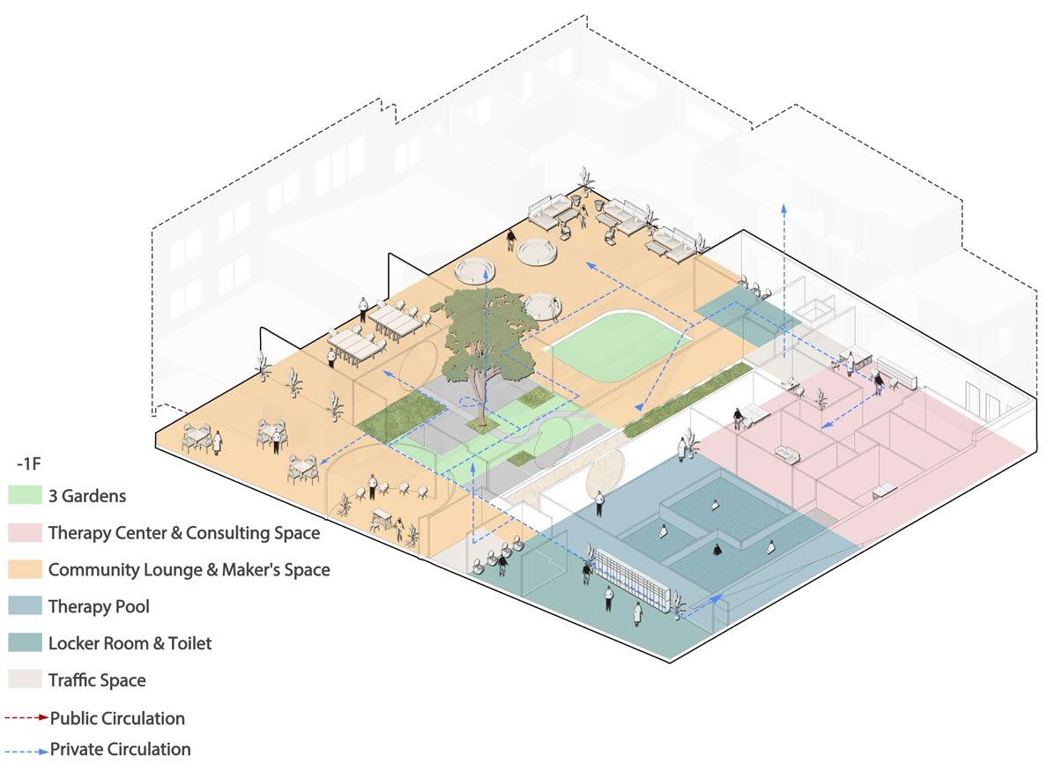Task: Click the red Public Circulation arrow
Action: tap(26, 718)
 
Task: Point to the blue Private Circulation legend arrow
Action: tap(26, 751)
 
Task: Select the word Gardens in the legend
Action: tap(93, 496)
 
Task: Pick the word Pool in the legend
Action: tap(132, 607)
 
